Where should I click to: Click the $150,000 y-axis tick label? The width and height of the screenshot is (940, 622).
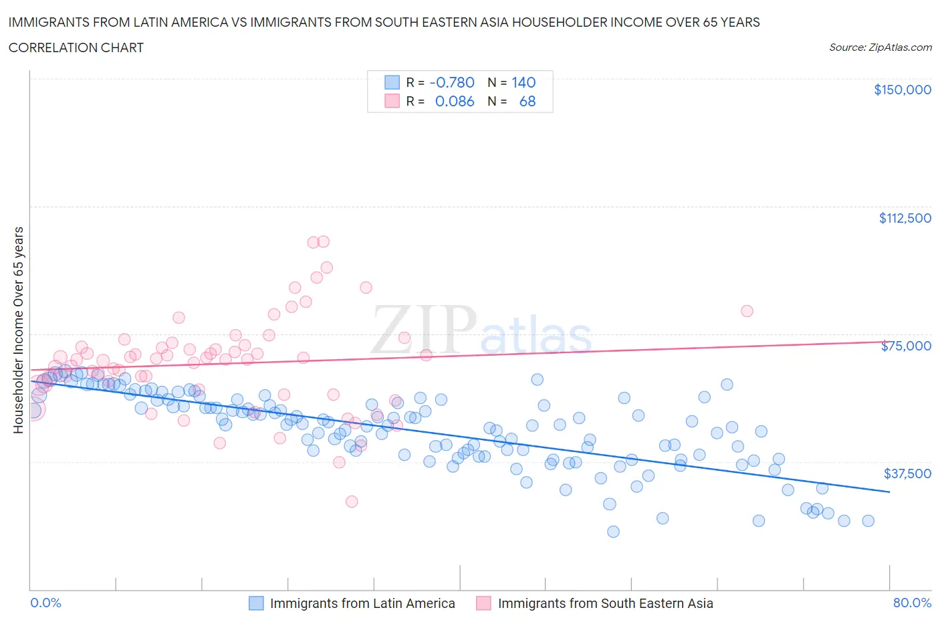pyautogui.click(x=902, y=90)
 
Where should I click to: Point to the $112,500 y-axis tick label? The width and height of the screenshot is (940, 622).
pyautogui.click(x=905, y=218)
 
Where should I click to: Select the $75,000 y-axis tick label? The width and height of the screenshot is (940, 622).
pyautogui.click(x=906, y=346)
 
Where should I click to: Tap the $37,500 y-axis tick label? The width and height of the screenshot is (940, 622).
pyautogui.click(x=907, y=474)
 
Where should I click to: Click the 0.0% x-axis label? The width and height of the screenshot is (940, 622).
pyautogui.click(x=45, y=603)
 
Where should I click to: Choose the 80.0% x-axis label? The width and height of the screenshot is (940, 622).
pyautogui.click(x=912, y=603)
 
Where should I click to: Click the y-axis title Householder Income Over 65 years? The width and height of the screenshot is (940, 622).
pyautogui.click(x=19, y=330)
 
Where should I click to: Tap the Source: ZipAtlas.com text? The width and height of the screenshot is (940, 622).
pyautogui.click(x=880, y=47)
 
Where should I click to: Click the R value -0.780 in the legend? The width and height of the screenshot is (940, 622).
pyautogui.click(x=452, y=82)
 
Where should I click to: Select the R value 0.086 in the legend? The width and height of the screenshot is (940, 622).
pyautogui.click(x=455, y=101)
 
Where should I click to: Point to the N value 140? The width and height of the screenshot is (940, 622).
pyautogui.click(x=523, y=82)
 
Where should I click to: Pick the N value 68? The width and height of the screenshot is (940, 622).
pyautogui.click(x=527, y=101)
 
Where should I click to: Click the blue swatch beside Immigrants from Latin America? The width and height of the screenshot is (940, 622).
pyautogui.click(x=256, y=603)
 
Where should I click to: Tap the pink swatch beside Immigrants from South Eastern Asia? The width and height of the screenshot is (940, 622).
pyautogui.click(x=483, y=603)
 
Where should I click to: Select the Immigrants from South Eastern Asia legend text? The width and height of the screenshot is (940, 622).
pyautogui.click(x=605, y=603)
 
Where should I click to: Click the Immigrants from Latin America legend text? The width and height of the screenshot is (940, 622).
pyautogui.click(x=362, y=603)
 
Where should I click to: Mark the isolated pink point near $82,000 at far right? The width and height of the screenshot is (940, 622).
pyautogui.click(x=747, y=311)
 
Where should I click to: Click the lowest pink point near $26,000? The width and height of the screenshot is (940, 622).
pyautogui.click(x=352, y=502)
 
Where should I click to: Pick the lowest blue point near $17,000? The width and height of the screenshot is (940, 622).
pyautogui.click(x=613, y=532)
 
